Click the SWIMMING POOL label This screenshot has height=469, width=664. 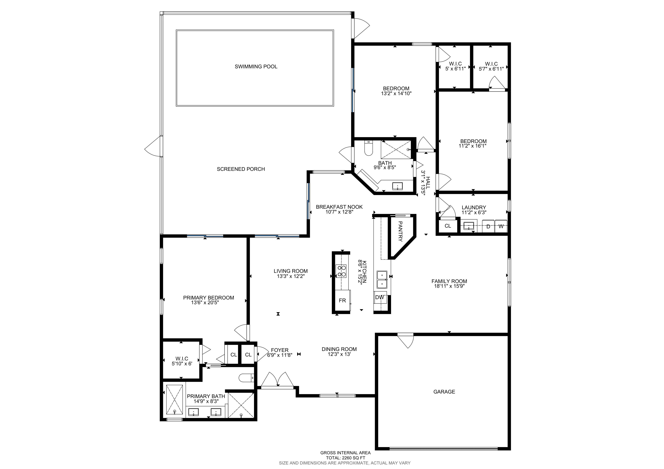pyautogui.click(x=256, y=66)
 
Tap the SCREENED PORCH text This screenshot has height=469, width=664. pyautogui.click(x=241, y=169)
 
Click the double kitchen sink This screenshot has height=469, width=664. pyautogui.click(x=382, y=280)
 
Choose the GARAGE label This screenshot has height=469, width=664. pyautogui.click(x=444, y=392)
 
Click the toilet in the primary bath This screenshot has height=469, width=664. pyautogui.click(x=246, y=377)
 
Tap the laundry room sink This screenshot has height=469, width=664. pyautogui.click(x=468, y=226)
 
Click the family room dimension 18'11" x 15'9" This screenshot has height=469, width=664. pyautogui.click(x=449, y=286)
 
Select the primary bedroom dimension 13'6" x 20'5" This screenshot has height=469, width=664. pyautogui.click(x=205, y=303)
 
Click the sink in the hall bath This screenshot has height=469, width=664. pyautogui.click(x=398, y=186)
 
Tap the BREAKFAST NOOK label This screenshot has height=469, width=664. pyautogui.click(x=339, y=207)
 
